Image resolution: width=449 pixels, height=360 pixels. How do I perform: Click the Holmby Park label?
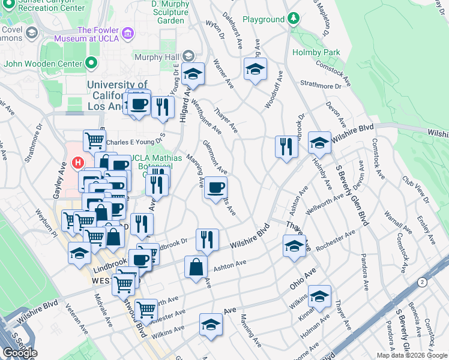click(316, 52)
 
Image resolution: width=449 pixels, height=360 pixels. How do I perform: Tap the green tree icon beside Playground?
click(294, 19)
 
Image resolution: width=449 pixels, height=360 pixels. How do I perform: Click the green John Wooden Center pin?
click(91, 62)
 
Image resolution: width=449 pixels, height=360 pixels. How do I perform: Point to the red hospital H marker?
click(77, 163)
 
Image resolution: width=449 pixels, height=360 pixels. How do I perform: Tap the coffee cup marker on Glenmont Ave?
click(215, 188)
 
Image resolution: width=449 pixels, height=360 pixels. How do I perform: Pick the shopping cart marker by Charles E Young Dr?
click(94, 141)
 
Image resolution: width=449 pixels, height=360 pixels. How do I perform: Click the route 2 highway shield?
click(423, 281)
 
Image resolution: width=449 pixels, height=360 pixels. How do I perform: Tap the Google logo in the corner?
click(19, 353)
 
